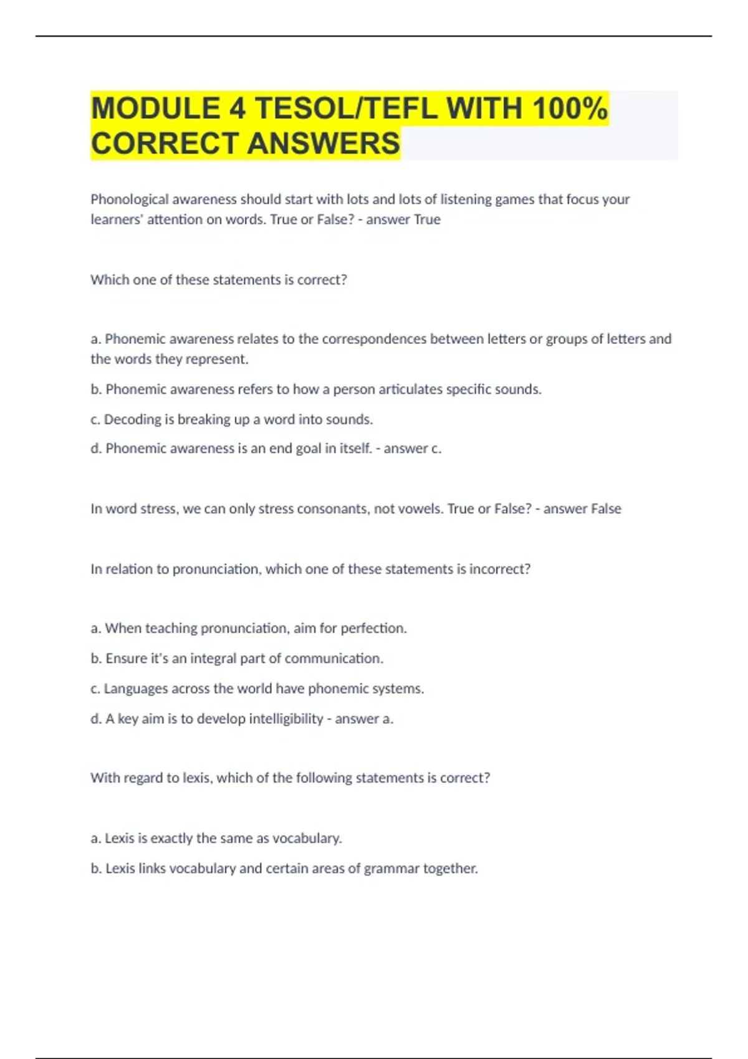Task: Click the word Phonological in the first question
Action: (x=130, y=199)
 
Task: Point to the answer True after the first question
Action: (x=427, y=219)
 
